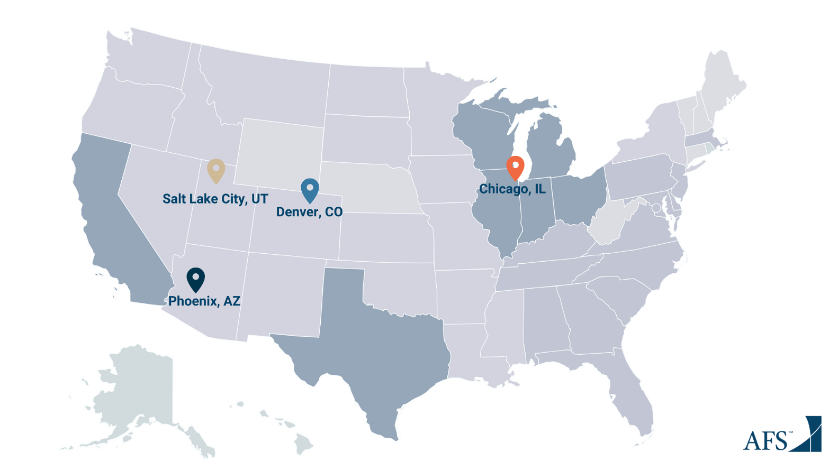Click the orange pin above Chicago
[x=515, y=167]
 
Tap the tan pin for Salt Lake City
[x=216, y=170]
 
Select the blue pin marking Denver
[x=310, y=189]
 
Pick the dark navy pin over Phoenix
[x=196, y=279]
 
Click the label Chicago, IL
[x=512, y=189]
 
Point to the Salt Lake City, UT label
[x=215, y=199]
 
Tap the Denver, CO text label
[x=309, y=212]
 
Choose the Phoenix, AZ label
[x=204, y=301]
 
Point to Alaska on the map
[x=138, y=391]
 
